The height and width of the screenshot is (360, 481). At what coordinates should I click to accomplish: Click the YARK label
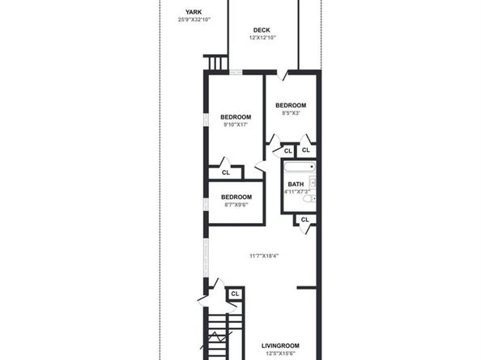[194, 11]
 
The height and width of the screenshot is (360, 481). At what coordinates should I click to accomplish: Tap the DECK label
[262, 30]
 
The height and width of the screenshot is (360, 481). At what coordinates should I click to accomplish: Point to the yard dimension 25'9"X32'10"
[194, 19]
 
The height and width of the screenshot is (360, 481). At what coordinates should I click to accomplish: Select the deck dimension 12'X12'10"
[262, 38]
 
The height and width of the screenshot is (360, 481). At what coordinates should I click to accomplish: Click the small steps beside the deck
[215, 63]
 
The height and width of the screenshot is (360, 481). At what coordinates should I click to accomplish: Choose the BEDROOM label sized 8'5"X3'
[291, 105]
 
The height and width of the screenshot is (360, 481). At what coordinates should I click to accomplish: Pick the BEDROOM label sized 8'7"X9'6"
[236, 197]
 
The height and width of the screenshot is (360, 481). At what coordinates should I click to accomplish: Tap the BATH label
[296, 184]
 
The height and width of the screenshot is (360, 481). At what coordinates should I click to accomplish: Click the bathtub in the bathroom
[298, 169]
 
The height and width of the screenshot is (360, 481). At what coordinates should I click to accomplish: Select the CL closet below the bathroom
[304, 219]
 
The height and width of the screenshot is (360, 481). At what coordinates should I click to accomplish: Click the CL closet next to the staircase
[236, 294]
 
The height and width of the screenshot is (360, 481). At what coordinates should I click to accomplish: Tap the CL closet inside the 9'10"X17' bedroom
[226, 172]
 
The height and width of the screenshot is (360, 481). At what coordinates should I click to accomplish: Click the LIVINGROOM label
[281, 345]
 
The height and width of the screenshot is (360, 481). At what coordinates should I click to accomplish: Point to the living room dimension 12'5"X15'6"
[281, 353]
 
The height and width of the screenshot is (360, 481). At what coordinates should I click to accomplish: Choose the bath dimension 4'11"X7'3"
[296, 192]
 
